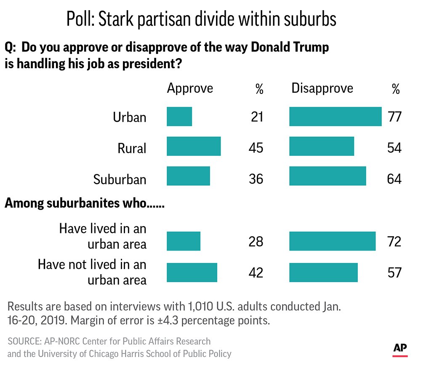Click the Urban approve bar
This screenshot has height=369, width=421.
(x=179, y=117)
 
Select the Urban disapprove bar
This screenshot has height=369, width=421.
(x=335, y=117)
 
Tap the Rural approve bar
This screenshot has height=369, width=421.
(x=194, y=146)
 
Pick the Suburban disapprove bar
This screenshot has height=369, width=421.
(x=328, y=176)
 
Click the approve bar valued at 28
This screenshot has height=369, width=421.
(x=184, y=241)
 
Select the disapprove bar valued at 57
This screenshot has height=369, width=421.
(x=323, y=272)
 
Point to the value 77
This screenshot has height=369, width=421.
(x=395, y=117)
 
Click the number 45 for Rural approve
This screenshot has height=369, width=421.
(x=256, y=148)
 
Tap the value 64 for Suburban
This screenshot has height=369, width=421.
(x=395, y=179)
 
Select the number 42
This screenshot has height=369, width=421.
(x=256, y=273)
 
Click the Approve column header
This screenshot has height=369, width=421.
(x=190, y=88)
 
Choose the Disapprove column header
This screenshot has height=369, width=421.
(x=322, y=88)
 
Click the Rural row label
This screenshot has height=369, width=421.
(x=132, y=148)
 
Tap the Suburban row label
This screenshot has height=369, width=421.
(x=120, y=179)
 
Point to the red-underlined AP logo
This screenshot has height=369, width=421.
(x=400, y=349)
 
